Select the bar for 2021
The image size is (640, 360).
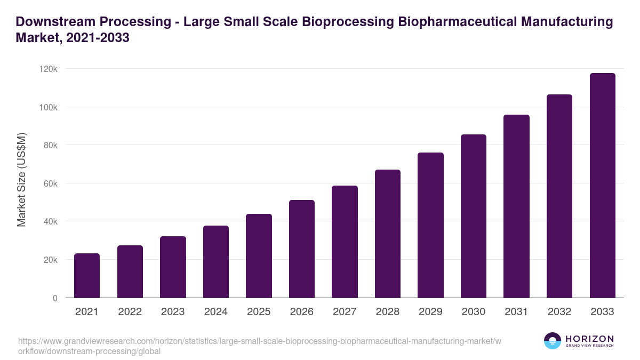click(x=87, y=276)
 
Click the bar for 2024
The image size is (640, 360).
click(x=216, y=262)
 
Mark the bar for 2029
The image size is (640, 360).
click(x=430, y=225)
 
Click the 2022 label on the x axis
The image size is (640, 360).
click(x=130, y=312)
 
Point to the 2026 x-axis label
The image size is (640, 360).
click(x=301, y=312)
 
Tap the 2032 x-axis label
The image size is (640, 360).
click(x=559, y=312)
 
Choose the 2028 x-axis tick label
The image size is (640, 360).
click(x=387, y=312)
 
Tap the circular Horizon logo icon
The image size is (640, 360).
click(x=553, y=341)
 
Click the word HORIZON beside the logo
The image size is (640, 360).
click(x=589, y=339)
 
